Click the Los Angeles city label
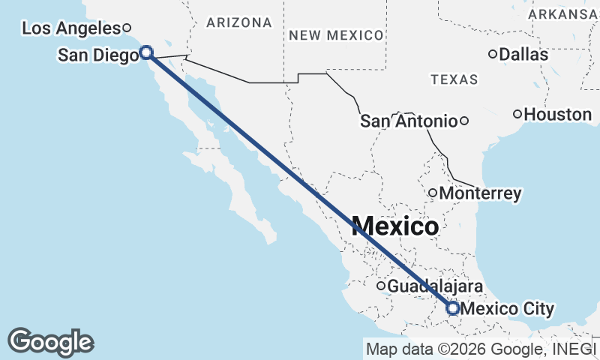pyautogui.click(x=71, y=28)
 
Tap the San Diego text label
pyautogui.click(x=97, y=55)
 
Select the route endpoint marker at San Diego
pyautogui.click(x=146, y=52)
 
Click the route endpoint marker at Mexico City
pyautogui.click(x=453, y=307)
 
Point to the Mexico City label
pyautogui.click(x=508, y=308)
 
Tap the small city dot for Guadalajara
pyautogui.click(x=381, y=286)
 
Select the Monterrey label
pyautogui.click(x=480, y=193)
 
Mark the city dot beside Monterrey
pyautogui.click(x=433, y=193)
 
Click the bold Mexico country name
pyautogui.click(x=394, y=226)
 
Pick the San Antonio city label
pyautogui.click(x=409, y=121)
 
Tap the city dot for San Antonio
pyautogui.click(x=464, y=121)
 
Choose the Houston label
pyautogui.click(x=558, y=115)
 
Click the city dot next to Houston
pyautogui.click(x=517, y=114)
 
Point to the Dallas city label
pyautogui.click(x=523, y=54)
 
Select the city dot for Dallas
pyautogui.click(x=493, y=54)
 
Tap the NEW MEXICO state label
pyautogui.click(x=336, y=35)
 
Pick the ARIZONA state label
pyautogui.click(x=239, y=23)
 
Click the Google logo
pyautogui.click(x=50, y=342)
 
